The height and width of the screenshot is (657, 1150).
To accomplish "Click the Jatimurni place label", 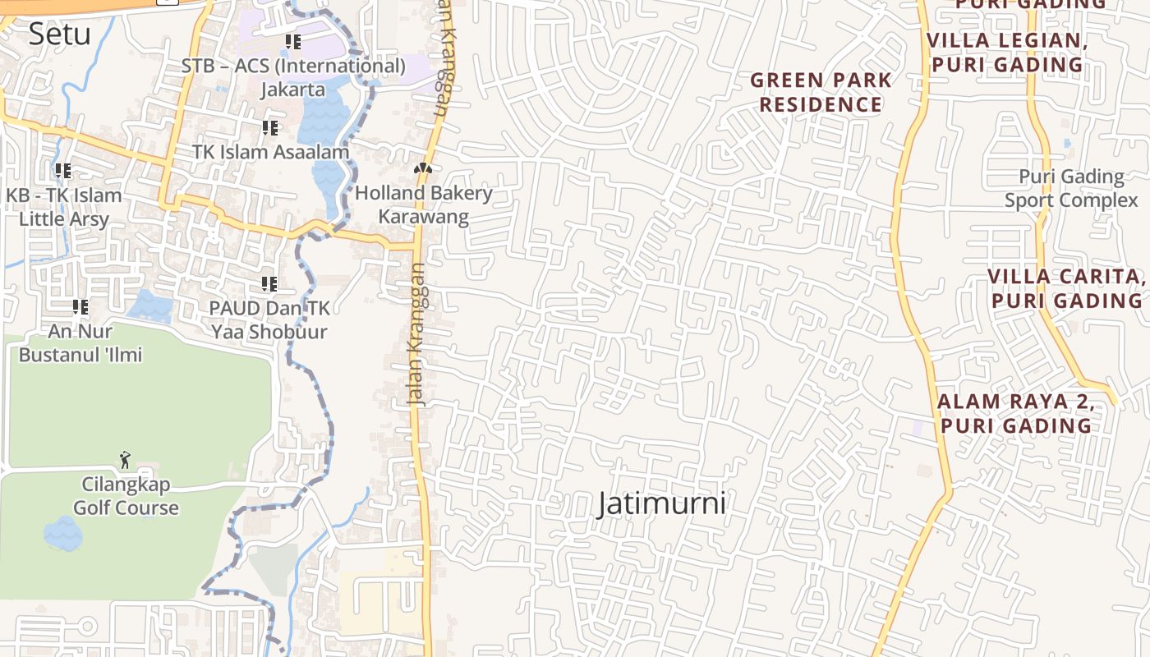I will [662, 503].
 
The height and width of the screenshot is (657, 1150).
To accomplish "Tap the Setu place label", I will [59, 34].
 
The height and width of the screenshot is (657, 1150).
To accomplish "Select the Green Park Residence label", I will [821, 92].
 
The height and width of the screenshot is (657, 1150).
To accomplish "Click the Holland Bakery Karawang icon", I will [423, 168].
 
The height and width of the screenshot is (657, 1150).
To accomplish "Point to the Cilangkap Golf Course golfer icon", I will [125, 460].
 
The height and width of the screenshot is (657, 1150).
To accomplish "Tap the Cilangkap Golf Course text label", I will [126, 496].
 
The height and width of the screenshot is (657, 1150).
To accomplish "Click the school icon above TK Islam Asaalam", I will [270, 128].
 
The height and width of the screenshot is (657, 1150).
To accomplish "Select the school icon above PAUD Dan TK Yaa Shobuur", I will [269, 284].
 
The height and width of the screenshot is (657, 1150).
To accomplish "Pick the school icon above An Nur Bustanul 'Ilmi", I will [80, 307].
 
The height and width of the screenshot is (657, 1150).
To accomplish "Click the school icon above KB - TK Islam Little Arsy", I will [63, 171].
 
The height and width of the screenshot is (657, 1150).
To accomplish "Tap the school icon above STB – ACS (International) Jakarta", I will [293, 41].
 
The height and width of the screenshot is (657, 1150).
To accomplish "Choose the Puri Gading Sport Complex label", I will [1071, 188].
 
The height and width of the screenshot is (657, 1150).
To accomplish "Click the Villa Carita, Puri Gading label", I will [1066, 288].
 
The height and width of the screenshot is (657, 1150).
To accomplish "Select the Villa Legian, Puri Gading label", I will [1007, 52].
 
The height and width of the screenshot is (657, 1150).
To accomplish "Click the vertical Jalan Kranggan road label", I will [417, 333].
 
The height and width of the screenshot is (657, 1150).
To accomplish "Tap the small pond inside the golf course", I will [62, 534].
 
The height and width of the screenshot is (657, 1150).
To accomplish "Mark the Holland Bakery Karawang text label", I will [423, 205].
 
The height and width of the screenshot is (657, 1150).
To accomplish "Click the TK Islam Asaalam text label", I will [271, 152].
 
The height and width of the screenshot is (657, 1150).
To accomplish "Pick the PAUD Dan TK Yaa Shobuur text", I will [269, 320].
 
